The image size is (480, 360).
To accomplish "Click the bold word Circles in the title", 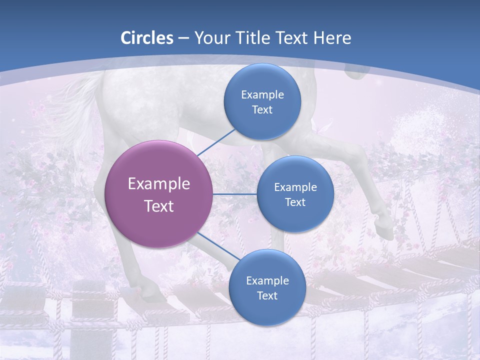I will (147, 38).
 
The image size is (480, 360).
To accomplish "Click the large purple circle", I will (158, 194).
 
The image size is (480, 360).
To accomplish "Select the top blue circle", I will (262, 101).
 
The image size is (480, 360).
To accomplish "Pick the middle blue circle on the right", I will (295, 194).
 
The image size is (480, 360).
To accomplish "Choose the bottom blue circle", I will (267, 287).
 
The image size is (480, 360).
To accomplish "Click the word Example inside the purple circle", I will (159, 184).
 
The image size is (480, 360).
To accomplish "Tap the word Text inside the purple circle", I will (159, 206).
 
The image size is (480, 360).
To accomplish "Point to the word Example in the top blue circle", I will (262, 95).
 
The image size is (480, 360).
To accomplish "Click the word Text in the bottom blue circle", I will (267, 295).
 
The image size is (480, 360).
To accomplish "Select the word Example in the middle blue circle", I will (295, 187).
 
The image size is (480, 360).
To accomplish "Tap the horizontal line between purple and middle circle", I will (234, 194).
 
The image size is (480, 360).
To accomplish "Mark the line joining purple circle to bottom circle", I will (218, 246).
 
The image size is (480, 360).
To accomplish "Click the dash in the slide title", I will (183, 38).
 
